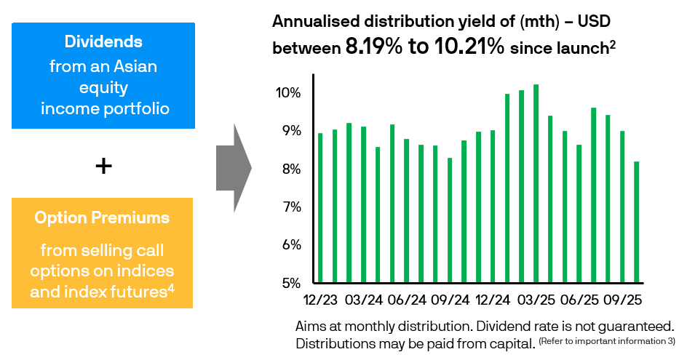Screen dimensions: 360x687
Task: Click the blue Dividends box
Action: pyautogui.click(x=103, y=76)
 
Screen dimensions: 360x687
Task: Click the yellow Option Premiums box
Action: pyautogui.click(x=102, y=252)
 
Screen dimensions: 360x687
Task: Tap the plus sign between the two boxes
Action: pyautogui.click(x=104, y=167)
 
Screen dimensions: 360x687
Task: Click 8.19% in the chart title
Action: pyautogui.click(x=373, y=48)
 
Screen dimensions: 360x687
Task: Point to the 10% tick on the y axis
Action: pyautogui.click(x=287, y=93)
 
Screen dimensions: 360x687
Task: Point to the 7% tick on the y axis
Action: pyautogui.click(x=290, y=207)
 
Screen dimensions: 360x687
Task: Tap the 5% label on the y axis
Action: pyautogui.click(x=290, y=283)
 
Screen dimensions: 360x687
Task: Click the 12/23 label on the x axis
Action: pyautogui.click(x=321, y=300)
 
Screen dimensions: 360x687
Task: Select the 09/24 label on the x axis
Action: pyautogui.click(x=450, y=300)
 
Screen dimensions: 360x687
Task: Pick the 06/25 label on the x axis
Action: pyautogui.click(x=579, y=300)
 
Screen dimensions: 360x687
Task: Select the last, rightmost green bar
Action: pyautogui.click(x=636, y=222)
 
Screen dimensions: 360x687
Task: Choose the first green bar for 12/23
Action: pyautogui.click(x=320, y=208)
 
